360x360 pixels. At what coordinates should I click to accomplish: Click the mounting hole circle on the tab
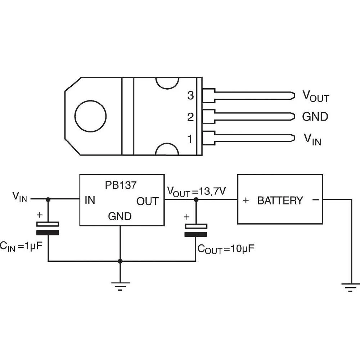90,116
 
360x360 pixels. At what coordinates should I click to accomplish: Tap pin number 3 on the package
190,96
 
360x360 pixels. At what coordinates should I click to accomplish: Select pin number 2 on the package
190,117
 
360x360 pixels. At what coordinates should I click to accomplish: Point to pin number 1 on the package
190,139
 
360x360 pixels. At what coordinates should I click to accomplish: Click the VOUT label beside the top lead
315,96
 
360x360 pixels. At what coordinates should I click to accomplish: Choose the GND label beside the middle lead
315,117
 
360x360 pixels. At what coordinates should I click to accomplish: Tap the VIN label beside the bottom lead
312,139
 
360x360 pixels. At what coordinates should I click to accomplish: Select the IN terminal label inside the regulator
90,201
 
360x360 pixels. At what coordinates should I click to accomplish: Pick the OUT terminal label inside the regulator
147,201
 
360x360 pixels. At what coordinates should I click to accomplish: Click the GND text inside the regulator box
120,217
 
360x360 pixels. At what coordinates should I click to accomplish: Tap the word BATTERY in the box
280,201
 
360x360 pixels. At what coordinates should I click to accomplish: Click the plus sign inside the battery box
246,201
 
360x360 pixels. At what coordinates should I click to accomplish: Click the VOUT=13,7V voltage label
196,191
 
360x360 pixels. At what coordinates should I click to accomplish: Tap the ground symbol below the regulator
120,287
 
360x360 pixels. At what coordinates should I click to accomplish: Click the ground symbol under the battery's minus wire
350,287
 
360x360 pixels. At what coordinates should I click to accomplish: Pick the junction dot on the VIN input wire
48,199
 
